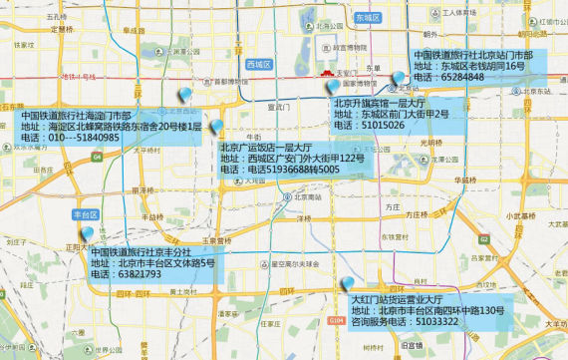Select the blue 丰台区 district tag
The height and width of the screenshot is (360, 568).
85,214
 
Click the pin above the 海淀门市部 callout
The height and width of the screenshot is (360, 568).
185,95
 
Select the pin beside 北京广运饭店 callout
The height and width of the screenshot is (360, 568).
215,129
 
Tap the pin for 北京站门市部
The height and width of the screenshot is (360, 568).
399,77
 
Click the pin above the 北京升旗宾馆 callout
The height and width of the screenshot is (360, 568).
335,87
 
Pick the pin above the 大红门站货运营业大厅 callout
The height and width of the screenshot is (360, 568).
346,284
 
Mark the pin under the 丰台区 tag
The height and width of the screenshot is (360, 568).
88,233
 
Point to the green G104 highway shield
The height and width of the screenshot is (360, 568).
336,320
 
